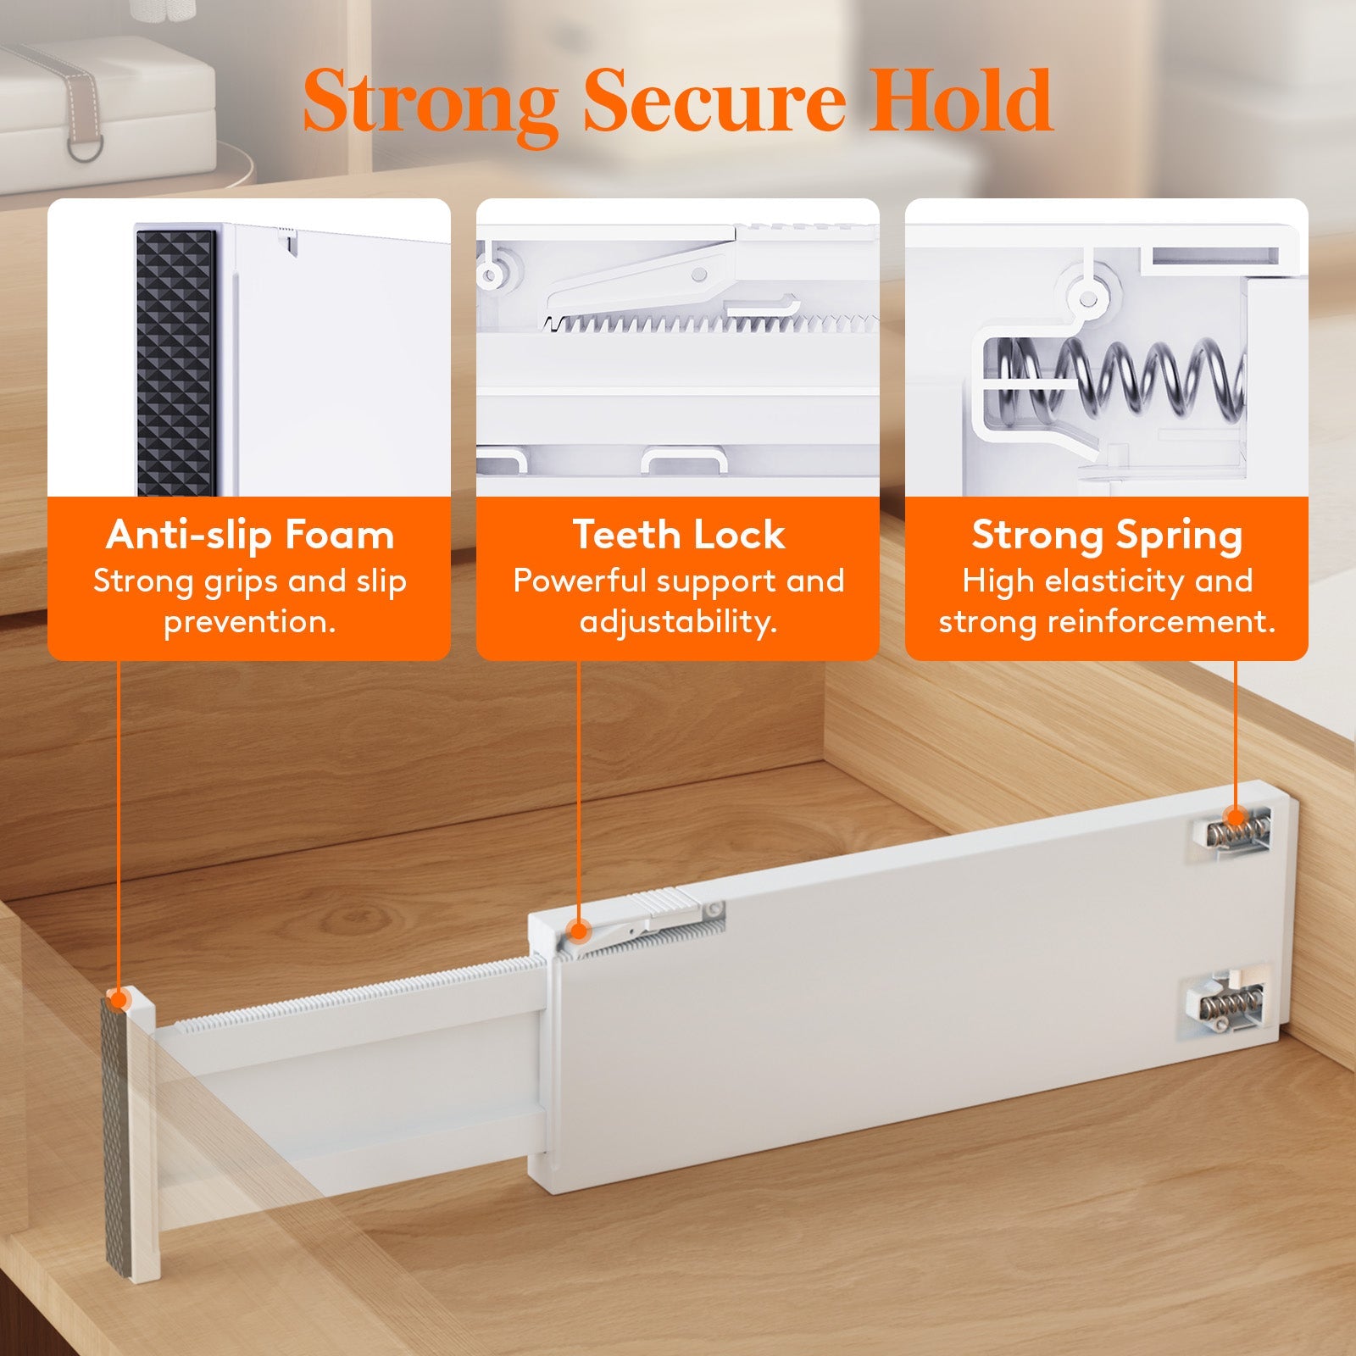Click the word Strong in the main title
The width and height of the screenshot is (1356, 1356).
pyautogui.click(x=431, y=103)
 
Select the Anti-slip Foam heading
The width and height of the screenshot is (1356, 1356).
pyautogui.click(x=250, y=536)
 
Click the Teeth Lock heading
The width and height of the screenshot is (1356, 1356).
pyautogui.click(x=679, y=536)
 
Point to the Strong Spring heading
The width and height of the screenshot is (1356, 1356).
pyautogui.click(x=1107, y=536)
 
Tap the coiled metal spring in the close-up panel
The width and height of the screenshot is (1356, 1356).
pyautogui.click(x=1127, y=377)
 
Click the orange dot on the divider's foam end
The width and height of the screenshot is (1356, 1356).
pyautogui.click(x=119, y=1000)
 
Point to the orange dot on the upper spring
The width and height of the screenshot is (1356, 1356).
pyautogui.click(x=1236, y=819)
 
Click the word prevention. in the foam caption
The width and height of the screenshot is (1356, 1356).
pyautogui.click(x=250, y=622)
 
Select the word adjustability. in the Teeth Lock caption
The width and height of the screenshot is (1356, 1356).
pyautogui.click(x=679, y=622)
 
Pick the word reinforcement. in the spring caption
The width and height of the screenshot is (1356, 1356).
pyautogui.click(x=1161, y=622)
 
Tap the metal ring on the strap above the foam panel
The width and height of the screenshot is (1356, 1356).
pyautogui.click(x=86, y=149)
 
